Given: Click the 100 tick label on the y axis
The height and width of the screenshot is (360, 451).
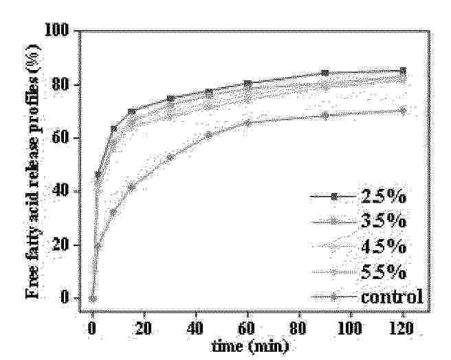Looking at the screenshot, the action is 56,30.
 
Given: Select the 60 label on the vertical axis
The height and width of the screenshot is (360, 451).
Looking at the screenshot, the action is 60,137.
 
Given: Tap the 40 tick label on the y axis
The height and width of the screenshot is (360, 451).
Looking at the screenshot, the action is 60,190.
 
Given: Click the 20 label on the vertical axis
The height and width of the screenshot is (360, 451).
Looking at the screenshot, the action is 60,244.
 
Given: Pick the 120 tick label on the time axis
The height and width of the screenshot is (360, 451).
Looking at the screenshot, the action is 401,328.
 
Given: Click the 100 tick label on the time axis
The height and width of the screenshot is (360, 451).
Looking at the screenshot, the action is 350,328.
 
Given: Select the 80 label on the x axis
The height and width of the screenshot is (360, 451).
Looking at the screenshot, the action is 298,328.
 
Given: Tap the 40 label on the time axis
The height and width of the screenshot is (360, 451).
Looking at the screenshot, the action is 195,328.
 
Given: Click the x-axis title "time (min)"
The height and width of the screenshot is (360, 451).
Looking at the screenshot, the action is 250,346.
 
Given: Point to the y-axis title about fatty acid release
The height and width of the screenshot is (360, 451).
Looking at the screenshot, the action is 33,171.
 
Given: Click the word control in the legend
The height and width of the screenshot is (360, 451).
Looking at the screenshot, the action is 392,297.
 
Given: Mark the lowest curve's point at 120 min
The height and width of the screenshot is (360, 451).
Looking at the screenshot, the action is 404,111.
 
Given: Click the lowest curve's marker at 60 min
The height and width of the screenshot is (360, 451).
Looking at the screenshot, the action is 247,123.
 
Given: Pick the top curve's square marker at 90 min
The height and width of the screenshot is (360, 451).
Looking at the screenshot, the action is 325,73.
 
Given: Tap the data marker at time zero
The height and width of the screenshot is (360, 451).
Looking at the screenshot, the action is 93,299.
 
